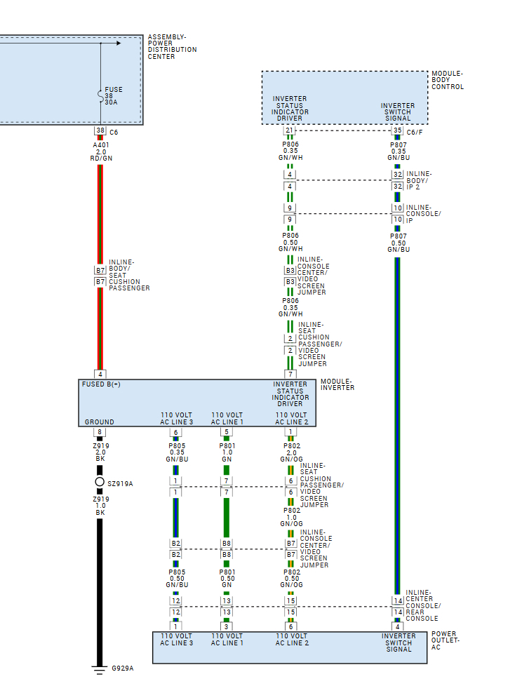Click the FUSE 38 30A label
click(x=112, y=95)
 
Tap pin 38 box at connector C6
click(x=100, y=131)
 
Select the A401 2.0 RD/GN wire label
click(x=101, y=152)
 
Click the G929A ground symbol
click(x=100, y=668)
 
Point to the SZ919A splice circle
click(x=100, y=483)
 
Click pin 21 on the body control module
click(x=290, y=131)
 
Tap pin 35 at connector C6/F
click(x=398, y=131)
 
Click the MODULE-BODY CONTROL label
click(x=448, y=80)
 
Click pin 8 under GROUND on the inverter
click(x=100, y=432)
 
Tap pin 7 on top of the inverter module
click(x=290, y=374)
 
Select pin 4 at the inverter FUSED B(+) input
click(x=100, y=374)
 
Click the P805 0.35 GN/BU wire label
click(x=176, y=452)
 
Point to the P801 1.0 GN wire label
click(x=227, y=452)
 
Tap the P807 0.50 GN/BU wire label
click(x=398, y=243)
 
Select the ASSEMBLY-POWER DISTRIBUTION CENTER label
click(x=172, y=46)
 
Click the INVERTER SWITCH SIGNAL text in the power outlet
click(x=398, y=643)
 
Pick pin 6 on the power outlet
click(x=290, y=626)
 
